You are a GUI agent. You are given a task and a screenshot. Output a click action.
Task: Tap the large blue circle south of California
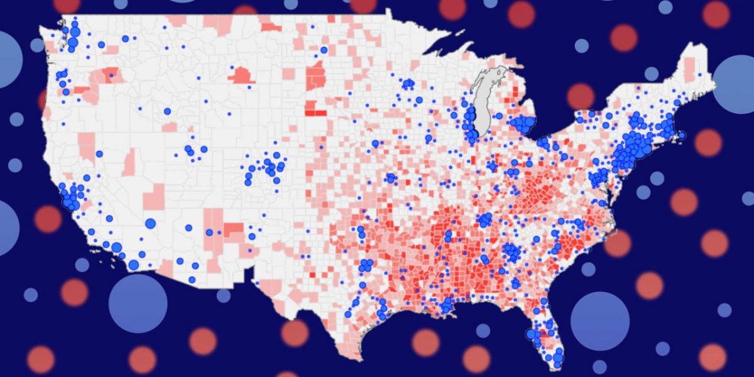[x=138, y=303]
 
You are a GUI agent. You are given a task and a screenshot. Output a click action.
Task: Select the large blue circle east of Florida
[x=599, y=321]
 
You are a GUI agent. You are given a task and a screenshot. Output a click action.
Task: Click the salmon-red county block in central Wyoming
[x=241, y=76]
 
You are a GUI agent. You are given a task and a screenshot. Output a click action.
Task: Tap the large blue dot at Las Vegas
[x=150, y=223]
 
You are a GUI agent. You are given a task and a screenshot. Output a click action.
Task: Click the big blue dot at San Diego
[x=134, y=265]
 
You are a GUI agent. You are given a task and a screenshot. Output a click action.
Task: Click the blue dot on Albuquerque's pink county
[x=209, y=232]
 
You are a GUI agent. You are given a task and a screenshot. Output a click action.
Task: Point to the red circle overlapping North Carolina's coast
[x=618, y=243]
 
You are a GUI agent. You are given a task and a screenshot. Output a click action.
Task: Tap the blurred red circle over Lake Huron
[x=580, y=96]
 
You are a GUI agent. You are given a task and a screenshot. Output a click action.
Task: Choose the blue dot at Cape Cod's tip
[x=682, y=135]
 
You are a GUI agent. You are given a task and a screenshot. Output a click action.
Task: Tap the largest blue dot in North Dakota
[x=324, y=50]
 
